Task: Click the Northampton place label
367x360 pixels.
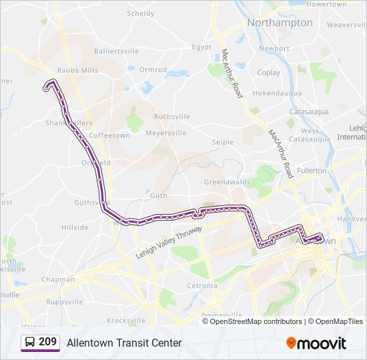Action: coord(280,23)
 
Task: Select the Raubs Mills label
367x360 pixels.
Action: coord(77,70)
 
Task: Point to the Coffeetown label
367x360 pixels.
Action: coord(109,135)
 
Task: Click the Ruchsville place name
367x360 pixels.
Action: coord(172,117)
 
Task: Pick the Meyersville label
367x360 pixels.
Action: coord(166,133)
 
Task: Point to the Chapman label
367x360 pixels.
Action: coord(58,280)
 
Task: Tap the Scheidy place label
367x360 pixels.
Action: coord(141,13)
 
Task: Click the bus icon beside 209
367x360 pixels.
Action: coord(30,343)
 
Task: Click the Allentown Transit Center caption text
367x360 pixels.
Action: coord(124,343)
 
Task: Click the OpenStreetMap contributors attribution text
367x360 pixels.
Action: coord(256,321)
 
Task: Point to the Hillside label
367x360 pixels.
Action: coord(75,227)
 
